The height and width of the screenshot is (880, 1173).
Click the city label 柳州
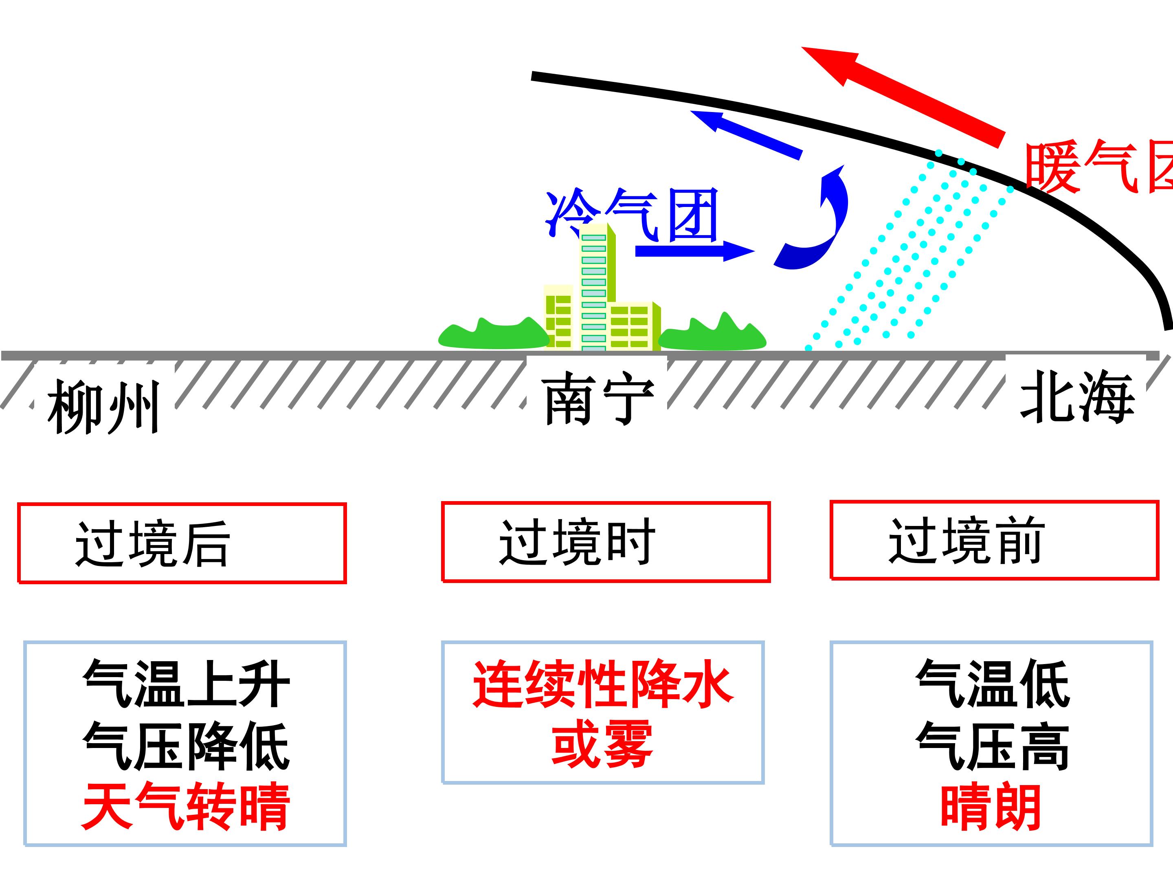pos(103,407)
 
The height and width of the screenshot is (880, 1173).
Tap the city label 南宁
pos(597,398)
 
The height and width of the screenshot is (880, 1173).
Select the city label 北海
pos(1076,397)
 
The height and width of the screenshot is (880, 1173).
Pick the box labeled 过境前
pos(994,540)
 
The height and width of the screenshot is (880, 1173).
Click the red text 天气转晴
pos(186,806)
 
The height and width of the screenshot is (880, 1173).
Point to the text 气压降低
pos(186,745)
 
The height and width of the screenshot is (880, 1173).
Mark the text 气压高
pos(992,745)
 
